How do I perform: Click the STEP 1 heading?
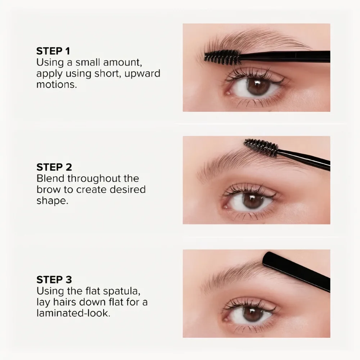tap(53, 51)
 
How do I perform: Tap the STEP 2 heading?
tap(54, 167)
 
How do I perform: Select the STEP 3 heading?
tap(54, 280)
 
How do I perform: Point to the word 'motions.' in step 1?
tap(57, 85)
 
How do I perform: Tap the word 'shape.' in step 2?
tap(52, 201)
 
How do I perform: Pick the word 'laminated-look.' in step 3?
tap(73, 313)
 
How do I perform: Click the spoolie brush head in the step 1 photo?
tap(222, 57)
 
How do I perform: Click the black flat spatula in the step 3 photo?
tap(296, 271)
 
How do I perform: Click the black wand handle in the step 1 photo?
tap(285, 57)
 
